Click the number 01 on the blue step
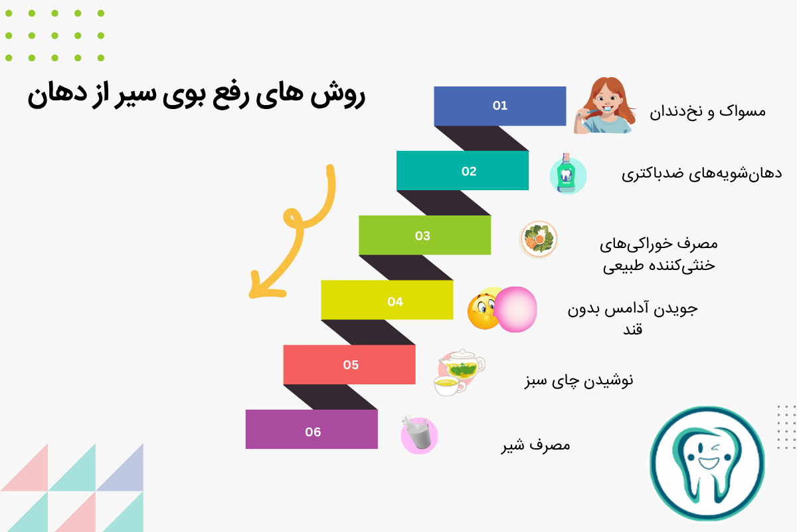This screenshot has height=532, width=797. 500,106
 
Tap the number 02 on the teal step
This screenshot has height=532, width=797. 469,172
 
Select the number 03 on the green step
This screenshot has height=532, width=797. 422,236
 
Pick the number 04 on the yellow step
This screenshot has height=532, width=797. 395,302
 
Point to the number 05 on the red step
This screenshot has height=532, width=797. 351,365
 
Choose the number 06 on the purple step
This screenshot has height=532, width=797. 313,432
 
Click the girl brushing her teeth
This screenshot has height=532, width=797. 604,106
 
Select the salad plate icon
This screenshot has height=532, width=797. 539,239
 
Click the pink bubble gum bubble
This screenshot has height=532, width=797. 515,309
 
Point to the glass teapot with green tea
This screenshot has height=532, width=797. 462,364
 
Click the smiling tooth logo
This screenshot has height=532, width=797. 707,464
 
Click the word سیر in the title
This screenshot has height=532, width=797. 135,95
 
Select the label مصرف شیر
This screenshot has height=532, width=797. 536,446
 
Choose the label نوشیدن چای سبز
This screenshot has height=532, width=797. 579,380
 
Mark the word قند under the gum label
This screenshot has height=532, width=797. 632,329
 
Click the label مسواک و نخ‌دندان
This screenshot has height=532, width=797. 708,112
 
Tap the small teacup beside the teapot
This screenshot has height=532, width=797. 449,386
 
